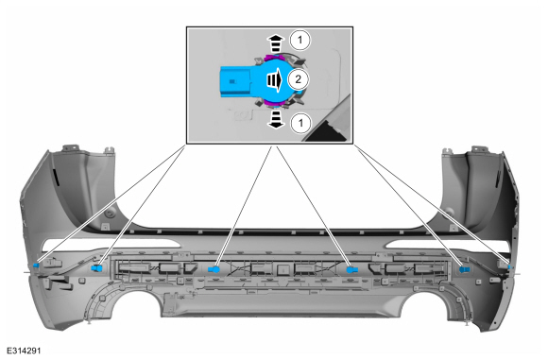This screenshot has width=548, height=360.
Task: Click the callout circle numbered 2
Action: click(298, 79)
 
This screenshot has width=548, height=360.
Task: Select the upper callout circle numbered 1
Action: click(300, 41)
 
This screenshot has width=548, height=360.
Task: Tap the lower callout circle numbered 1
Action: click(300, 123)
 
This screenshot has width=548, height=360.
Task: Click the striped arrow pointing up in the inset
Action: click(276, 43)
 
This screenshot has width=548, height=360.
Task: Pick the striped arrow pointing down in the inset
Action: click(276, 120)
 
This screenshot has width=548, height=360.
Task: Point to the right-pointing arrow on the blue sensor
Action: click(274, 80)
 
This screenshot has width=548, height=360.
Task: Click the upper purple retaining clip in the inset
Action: click(273, 57)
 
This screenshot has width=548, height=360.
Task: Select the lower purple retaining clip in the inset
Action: click(273, 102)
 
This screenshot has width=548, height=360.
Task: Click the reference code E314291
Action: click(24, 351)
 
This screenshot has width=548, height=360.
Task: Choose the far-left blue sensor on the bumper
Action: click(36, 266)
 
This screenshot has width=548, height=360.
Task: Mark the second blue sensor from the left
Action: click(96, 268)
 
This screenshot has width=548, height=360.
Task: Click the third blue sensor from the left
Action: click(214, 269)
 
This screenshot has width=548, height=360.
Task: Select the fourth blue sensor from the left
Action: click(352, 269)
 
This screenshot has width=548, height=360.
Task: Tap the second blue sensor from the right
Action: click(464, 269)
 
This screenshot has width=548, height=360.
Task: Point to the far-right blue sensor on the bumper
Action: click(509, 267)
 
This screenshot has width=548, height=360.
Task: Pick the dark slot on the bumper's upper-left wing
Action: click(56, 177)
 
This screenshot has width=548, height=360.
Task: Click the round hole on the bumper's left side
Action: click(111, 214)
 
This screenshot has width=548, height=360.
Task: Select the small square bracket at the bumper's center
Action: click(283, 269)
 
